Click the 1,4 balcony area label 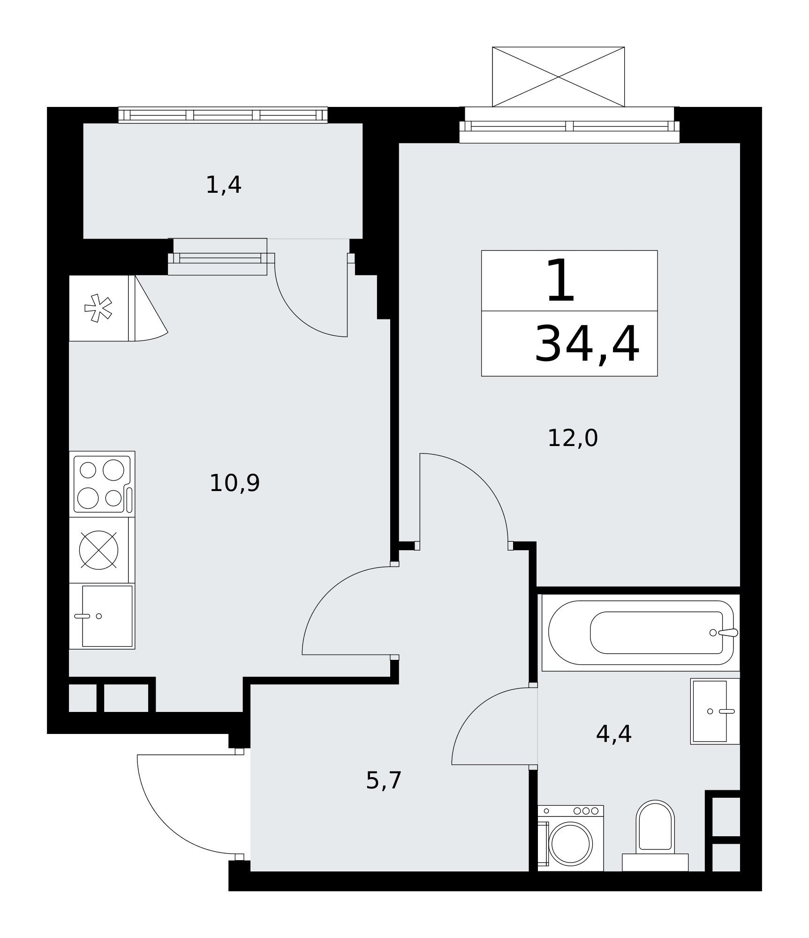(x=224, y=185)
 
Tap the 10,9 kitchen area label (x=234, y=483)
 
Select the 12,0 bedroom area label (x=573, y=438)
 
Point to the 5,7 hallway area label (x=384, y=781)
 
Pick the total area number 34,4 (x=587, y=345)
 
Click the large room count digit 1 (x=561, y=281)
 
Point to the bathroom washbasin (x=715, y=711)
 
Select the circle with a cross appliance (x=98, y=550)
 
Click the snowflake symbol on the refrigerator (x=98, y=308)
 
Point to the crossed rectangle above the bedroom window (x=558, y=77)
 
